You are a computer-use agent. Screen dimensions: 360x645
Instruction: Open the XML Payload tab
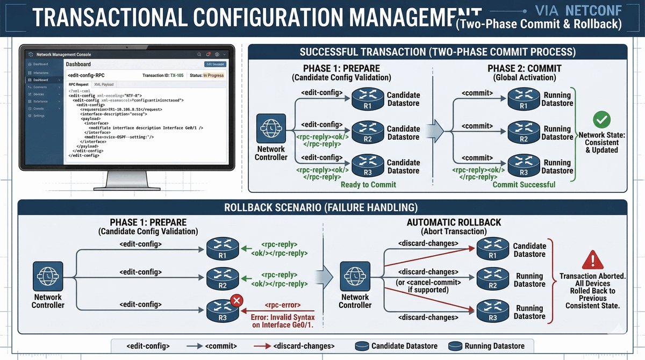tap(104, 84)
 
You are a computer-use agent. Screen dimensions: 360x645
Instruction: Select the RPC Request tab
tap(78, 84)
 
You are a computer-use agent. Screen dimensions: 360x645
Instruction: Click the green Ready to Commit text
tap(368, 184)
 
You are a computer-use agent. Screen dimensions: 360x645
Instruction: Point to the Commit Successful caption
tap(524, 184)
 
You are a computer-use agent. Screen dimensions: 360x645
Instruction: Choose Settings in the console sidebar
tap(39, 116)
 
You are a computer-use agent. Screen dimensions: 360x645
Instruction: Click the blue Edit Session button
tap(215, 64)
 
